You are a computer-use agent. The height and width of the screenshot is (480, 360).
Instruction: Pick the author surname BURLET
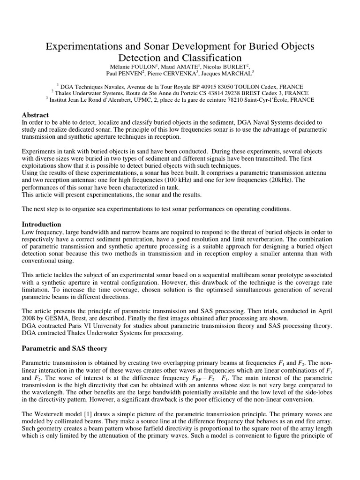[234, 67]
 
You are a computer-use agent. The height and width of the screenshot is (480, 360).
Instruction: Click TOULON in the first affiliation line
[255, 87]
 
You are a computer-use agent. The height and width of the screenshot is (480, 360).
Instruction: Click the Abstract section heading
[35, 115]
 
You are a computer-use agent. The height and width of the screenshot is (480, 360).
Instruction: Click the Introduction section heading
[42, 224]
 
